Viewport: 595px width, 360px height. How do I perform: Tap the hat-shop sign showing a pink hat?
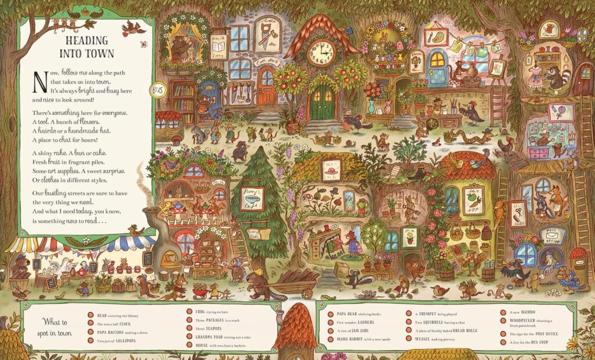coord(332,171)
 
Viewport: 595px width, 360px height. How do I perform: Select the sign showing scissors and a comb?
coord(515,214)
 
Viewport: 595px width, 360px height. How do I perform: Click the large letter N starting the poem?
coord(39,81)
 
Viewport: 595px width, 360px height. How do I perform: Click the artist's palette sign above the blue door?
coord(436,37)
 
